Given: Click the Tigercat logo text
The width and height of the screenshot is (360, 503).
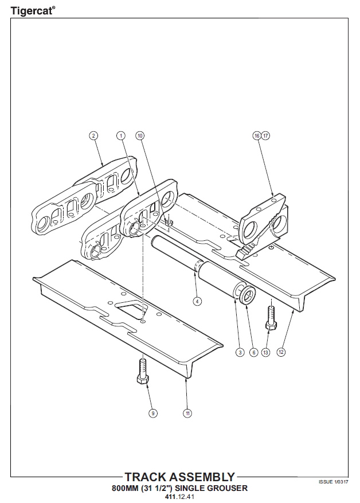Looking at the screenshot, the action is pyautogui.click(x=33, y=10).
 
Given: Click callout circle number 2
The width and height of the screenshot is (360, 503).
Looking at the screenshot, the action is pyautogui.click(x=93, y=136).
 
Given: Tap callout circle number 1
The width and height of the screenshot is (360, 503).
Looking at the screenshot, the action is pyautogui.click(x=121, y=136).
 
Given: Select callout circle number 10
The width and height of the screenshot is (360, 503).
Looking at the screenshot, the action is pyautogui.click(x=140, y=136).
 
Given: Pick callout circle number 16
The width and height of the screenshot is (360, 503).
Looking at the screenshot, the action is pyautogui.click(x=257, y=136).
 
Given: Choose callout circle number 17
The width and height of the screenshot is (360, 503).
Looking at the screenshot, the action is pyautogui.click(x=265, y=136).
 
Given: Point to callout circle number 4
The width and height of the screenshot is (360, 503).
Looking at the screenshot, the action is pyautogui.click(x=197, y=301).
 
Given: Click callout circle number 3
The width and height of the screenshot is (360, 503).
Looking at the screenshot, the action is pyautogui.click(x=240, y=352).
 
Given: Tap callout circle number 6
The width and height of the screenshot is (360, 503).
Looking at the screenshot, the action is pyautogui.click(x=253, y=352).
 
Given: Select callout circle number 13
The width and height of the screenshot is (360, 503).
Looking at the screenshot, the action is pyautogui.click(x=266, y=352).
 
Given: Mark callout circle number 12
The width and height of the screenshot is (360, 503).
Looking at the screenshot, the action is pyautogui.click(x=281, y=352).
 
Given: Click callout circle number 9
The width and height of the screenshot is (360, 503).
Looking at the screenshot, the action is pyautogui.click(x=153, y=413).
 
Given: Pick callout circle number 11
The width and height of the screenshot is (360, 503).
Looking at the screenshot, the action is pyautogui.click(x=187, y=413).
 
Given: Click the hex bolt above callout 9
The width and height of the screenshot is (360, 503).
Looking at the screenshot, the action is pyautogui.click(x=142, y=372).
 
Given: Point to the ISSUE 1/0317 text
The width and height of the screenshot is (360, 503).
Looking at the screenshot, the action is pyautogui.click(x=334, y=482).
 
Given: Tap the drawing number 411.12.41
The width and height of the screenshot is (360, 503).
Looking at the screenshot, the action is pyautogui.click(x=179, y=497).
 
